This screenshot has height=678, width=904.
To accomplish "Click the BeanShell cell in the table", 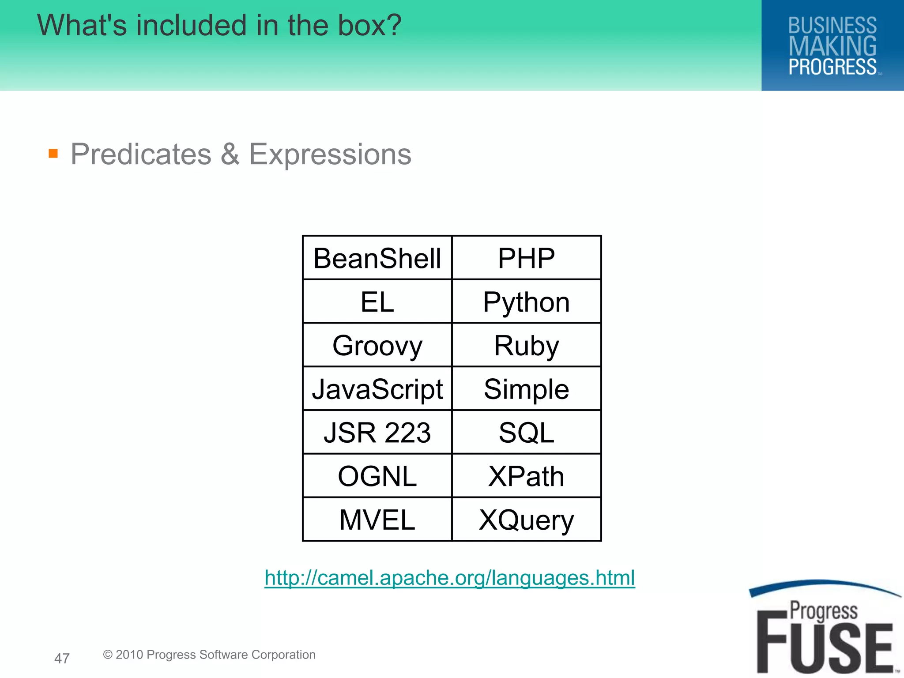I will tap(377, 258).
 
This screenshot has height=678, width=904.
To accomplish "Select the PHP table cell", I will tap(526, 258).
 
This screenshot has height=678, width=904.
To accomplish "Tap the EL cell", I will tap(377, 302).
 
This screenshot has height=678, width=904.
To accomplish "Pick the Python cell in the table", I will tap(526, 302).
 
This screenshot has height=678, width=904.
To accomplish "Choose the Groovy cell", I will tap(377, 345).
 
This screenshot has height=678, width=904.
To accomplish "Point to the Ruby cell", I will tap(526, 345).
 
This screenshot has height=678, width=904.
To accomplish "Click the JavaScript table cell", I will tap(377, 389).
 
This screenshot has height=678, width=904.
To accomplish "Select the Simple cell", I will tap(526, 389).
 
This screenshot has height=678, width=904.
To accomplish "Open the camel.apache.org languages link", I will tap(450, 578).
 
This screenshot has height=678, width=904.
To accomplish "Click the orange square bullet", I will tap(53, 154).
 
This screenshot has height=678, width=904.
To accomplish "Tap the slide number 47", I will tap(62, 658).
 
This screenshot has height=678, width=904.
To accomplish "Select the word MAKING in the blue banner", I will tap(832, 46).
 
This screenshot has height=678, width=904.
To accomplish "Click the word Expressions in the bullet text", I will tap(330, 154).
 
